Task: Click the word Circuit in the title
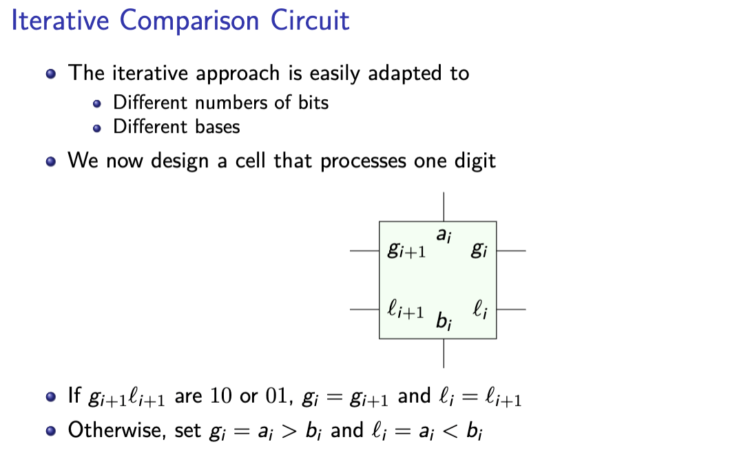point(309,20)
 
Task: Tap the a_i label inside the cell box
point(444,236)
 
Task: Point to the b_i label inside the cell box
point(444,321)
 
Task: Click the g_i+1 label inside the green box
point(406,251)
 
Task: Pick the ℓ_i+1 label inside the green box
point(406,310)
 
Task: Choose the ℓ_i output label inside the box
point(480,310)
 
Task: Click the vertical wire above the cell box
point(444,207)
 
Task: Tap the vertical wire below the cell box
point(444,352)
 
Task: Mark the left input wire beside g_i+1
point(364,251)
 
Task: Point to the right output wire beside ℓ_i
point(511,310)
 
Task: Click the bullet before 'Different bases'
point(97,128)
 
